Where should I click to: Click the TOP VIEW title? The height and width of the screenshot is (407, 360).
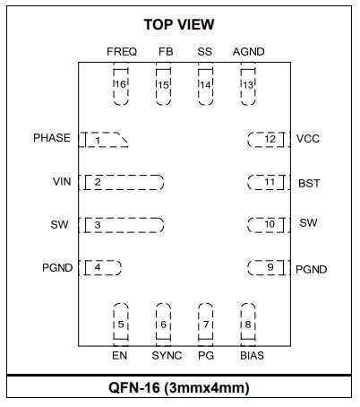(179, 24)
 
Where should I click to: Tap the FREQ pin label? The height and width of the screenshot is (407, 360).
(122, 52)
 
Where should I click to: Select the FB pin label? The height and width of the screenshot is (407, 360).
(166, 52)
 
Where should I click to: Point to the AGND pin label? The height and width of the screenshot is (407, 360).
(249, 52)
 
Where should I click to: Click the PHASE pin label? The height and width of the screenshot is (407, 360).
(52, 138)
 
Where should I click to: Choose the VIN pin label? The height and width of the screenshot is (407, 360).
(62, 182)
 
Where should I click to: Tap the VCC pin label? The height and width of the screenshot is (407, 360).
(308, 139)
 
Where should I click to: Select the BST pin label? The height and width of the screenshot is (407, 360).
(309, 183)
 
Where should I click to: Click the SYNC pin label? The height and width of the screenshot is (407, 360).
(167, 356)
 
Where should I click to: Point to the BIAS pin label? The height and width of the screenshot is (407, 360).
(253, 356)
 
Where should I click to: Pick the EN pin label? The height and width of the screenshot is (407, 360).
(120, 356)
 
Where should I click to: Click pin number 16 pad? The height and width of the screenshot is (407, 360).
(121, 87)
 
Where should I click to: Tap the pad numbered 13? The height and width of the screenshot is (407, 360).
(248, 87)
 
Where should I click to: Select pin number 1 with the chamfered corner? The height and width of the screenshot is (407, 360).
(103, 140)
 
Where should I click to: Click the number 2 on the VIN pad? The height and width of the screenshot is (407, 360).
(98, 182)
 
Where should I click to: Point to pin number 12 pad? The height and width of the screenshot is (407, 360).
(269, 140)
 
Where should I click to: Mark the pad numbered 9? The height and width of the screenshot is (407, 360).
(269, 267)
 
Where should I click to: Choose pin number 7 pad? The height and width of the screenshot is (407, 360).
(206, 322)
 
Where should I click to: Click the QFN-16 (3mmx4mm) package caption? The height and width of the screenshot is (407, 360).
(179, 388)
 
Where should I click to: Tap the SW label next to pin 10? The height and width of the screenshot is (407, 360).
(308, 223)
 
